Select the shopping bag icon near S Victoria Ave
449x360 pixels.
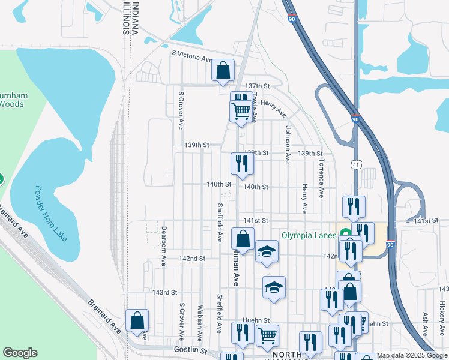(x=223, y=71)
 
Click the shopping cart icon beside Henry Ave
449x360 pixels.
(x=241, y=111)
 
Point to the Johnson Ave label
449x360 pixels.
(x=288, y=145)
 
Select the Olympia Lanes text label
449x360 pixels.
(x=310, y=235)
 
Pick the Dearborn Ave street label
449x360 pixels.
(x=163, y=247)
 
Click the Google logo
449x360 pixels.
(x=20, y=353)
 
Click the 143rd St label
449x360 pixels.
(x=165, y=292)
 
